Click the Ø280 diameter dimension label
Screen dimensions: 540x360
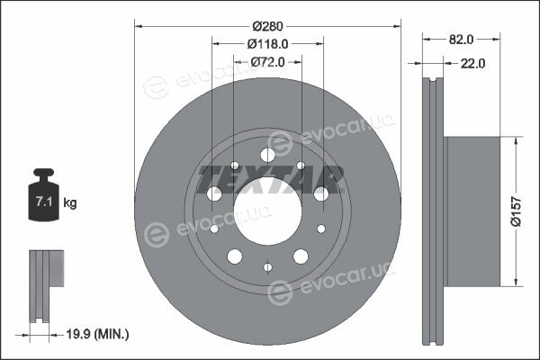267,26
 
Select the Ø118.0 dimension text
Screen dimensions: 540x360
267,44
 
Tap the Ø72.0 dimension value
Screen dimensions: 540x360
267,62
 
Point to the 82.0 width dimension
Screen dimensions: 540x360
461,40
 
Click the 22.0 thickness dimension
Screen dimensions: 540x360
472,63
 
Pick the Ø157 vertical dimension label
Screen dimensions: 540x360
516,211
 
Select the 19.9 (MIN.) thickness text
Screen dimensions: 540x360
97,334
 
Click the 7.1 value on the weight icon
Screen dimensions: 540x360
44,202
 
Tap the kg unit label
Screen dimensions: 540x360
70,202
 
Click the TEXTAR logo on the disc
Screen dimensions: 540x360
271,179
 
